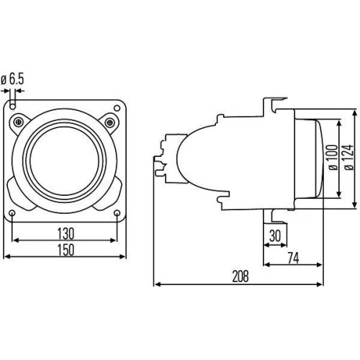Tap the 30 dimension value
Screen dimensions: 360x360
point(274,235)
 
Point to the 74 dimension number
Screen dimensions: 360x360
point(292,257)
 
